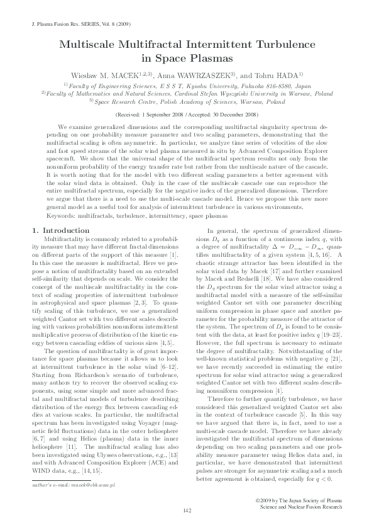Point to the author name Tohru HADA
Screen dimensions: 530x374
[282, 76]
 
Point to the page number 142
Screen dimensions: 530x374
[187, 509]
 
